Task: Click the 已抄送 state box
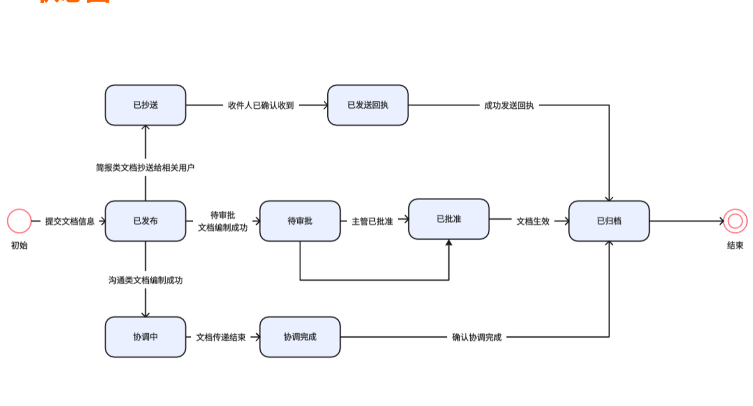coord(145,105)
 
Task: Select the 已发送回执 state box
coord(368,105)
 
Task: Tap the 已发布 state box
coord(145,221)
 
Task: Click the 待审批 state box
coord(300,221)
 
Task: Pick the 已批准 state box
coord(449,219)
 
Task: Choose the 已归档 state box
coord(609,221)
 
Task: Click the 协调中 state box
coord(145,337)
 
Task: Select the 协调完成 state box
coord(300,337)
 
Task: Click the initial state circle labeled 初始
coord(19,221)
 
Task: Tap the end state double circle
coord(735,221)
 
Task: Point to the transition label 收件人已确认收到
coord(261,105)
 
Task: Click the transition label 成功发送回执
coord(509,105)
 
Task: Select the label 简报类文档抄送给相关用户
coord(145,167)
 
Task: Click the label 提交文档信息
coord(70,221)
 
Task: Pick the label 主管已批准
coord(372,221)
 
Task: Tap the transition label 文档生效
coord(533,221)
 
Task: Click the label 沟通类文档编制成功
coord(145,280)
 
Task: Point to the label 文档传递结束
coord(221,337)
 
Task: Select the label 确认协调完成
coord(476,337)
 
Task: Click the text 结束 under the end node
coord(735,245)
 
